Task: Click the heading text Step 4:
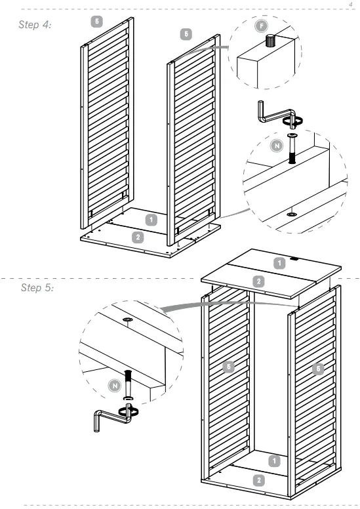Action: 35,25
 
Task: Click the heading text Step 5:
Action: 37,287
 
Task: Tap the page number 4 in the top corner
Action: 350,5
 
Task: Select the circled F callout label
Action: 261,26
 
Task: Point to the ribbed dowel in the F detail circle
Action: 270,41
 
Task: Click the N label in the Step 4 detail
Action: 277,146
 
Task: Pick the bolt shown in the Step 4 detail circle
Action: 292,148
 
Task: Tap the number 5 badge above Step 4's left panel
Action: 97,22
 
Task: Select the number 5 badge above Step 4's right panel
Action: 186,34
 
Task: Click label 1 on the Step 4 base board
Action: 151,220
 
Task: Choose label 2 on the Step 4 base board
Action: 138,237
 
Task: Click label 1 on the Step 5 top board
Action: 279,263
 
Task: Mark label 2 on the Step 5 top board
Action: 259,281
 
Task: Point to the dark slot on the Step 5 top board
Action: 295,258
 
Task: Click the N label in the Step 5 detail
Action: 114,386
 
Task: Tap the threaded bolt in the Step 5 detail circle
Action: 128,385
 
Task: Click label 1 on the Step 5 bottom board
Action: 274,460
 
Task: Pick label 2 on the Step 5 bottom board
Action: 259,480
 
